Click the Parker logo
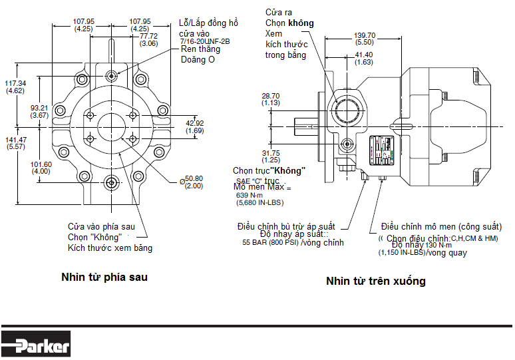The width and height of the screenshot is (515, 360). pyautogui.click(x=36, y=346)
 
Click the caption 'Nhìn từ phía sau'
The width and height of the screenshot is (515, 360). pyautogui.click(x=104, y=277)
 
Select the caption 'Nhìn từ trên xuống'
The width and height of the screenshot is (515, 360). pyautogui.click(x=375, y=281)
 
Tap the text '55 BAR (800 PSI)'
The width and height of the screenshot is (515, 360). pyautogui.click(x=270, y=243)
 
